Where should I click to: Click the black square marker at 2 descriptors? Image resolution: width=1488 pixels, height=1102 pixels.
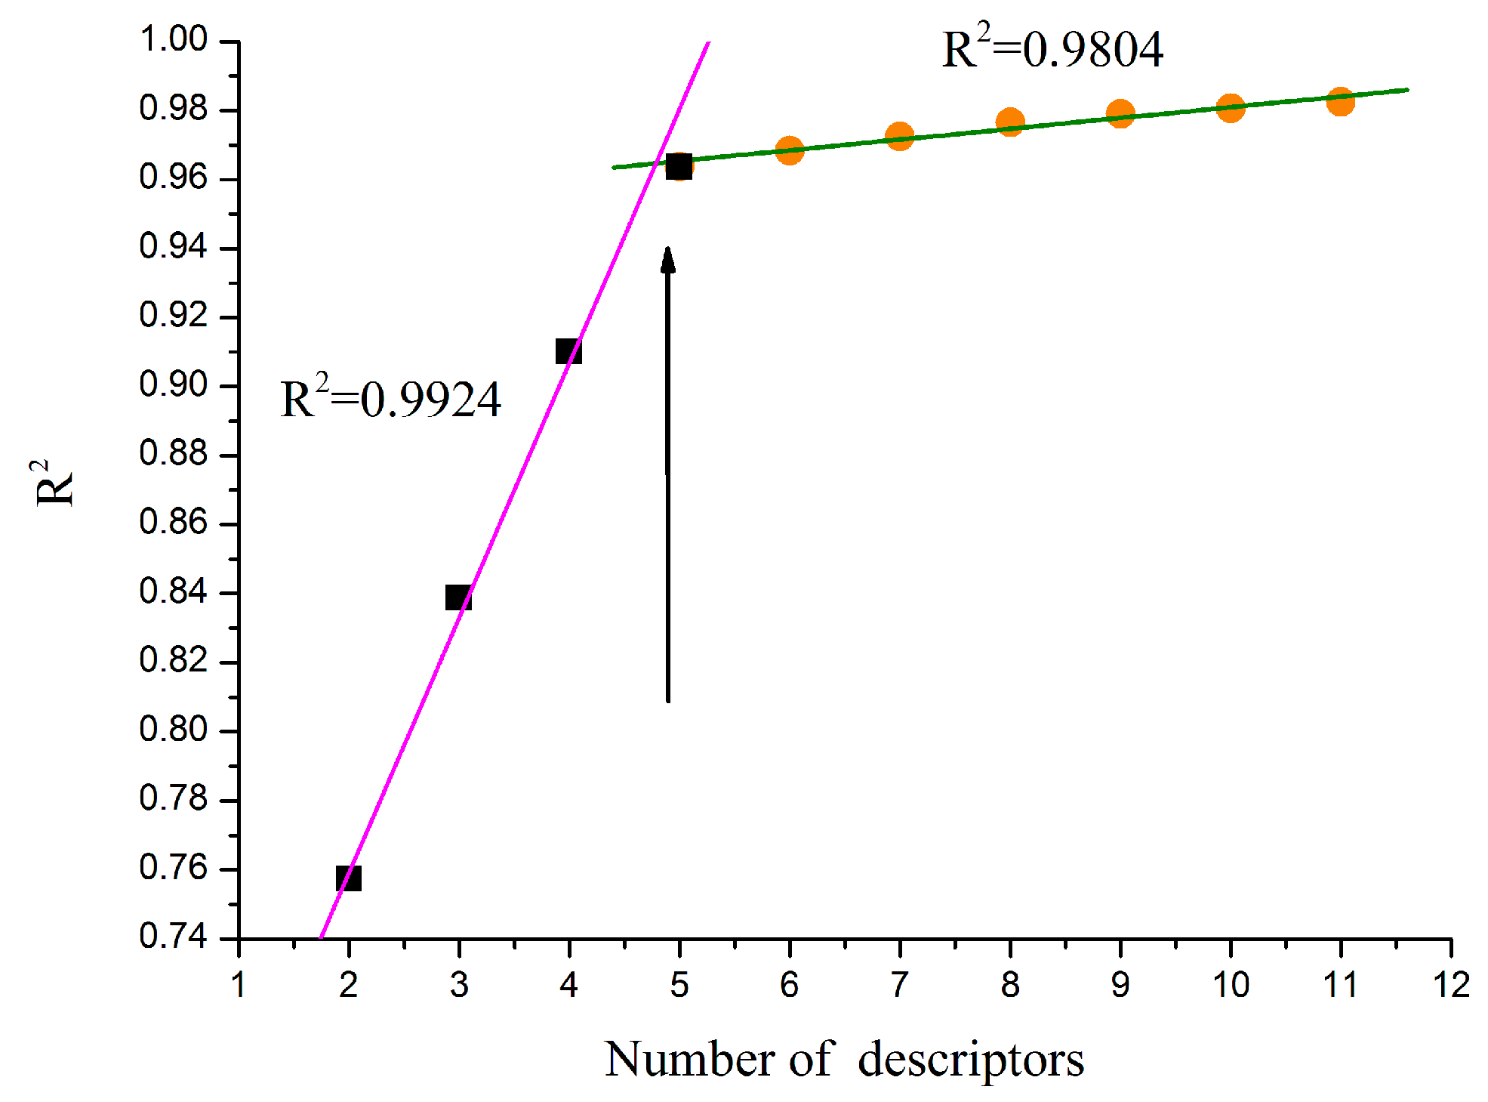(x=349, y=878)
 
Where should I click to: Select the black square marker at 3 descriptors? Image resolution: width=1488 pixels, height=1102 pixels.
(x=458, y=598)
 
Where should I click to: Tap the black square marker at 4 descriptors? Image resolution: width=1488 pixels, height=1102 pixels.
(x=568, y=351)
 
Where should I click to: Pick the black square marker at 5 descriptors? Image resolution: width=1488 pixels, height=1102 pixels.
(x=679, y=166)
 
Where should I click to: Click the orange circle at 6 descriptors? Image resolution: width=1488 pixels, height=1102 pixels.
(x=789, y=150)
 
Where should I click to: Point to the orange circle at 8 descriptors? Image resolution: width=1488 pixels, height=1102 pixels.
(x=1010, y=122)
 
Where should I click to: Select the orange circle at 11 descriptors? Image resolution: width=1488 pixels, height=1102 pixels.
(x=1340, y=101)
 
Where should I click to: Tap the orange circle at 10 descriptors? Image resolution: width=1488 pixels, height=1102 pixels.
(x=1231, y=107)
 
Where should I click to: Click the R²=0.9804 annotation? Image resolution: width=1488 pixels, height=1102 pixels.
(x=1052, y=48)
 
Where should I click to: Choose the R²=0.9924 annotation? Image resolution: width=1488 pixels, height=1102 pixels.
(x=390, y=398)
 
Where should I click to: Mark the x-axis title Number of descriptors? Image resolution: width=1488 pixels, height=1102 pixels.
(x=844, y=1059)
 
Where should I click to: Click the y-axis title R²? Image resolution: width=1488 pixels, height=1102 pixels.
(x=54, y=483)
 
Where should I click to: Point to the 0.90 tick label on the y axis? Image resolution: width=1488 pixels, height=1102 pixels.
(x=173, y=384)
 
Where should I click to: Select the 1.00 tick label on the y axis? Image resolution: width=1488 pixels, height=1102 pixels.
(x=173, y=39)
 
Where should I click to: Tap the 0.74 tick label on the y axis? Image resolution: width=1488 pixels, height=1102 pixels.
(x=173, y=937)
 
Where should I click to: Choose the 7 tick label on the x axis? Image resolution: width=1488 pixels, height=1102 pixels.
(x=899, y=985)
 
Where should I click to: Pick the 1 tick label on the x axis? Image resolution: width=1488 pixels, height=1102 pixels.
(x=239, y=985)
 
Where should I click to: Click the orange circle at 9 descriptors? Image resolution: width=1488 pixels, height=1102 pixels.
(x=1120, y=113)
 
